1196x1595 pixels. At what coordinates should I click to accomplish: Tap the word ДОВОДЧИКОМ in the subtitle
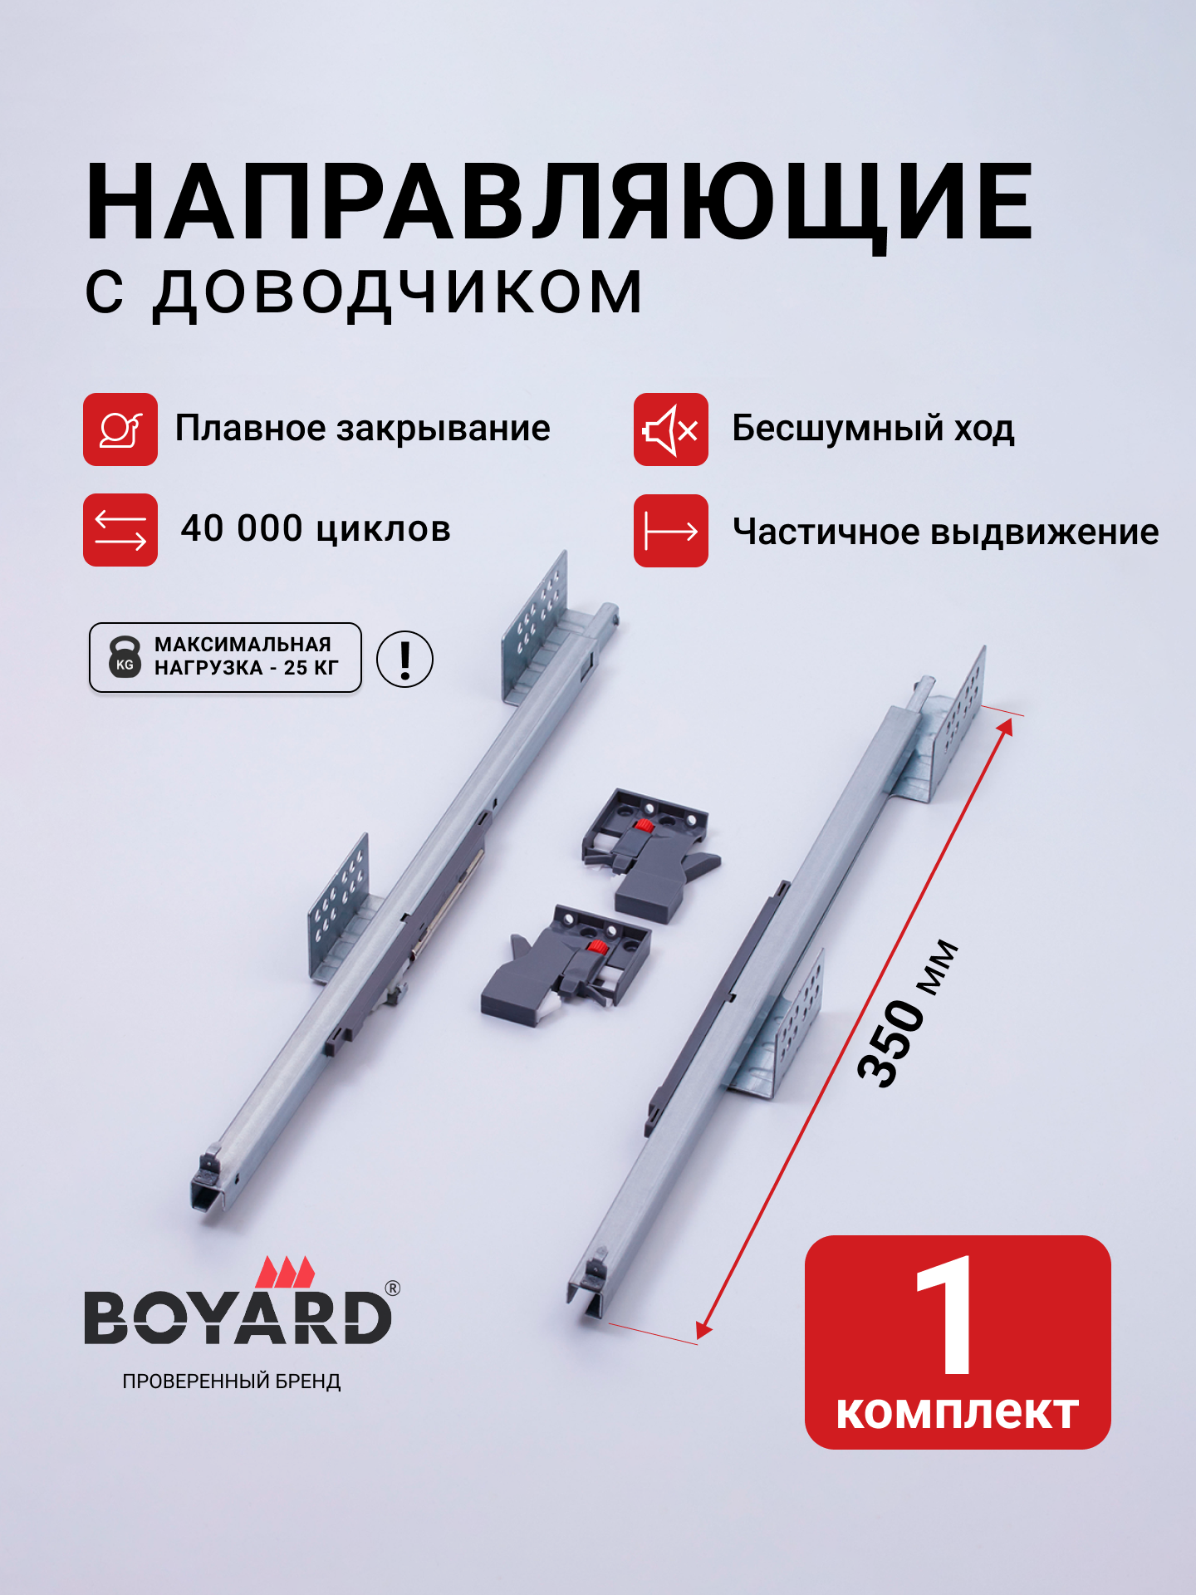coord(397,292)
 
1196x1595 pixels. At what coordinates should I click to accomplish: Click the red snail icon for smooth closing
coord(120,429)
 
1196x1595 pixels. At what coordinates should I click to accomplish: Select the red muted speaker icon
coord(670,429)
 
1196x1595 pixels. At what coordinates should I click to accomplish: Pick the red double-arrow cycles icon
coord(120,530)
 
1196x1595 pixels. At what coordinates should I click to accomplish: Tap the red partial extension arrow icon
coord(670,531)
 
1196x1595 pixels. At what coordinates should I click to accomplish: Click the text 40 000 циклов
coord(316,529)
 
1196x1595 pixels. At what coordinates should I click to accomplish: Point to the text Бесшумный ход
coord(872,429)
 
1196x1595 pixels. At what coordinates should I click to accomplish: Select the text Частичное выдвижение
coord(945,532)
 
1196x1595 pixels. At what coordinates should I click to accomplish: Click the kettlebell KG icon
coord(125,657)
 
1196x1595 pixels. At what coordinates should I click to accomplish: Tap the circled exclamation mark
coord(404,659)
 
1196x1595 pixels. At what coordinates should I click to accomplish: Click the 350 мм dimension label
coord(907,1013)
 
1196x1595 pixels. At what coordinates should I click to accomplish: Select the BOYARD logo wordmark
coord(238,1318)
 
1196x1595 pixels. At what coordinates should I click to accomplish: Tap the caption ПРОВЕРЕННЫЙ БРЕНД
coord(232,1382)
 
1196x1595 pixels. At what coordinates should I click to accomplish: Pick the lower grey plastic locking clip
coord(567,964)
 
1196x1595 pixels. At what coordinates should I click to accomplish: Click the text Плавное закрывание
coord(362,429)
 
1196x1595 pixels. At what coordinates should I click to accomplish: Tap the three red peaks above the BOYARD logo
coord(286,1272)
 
